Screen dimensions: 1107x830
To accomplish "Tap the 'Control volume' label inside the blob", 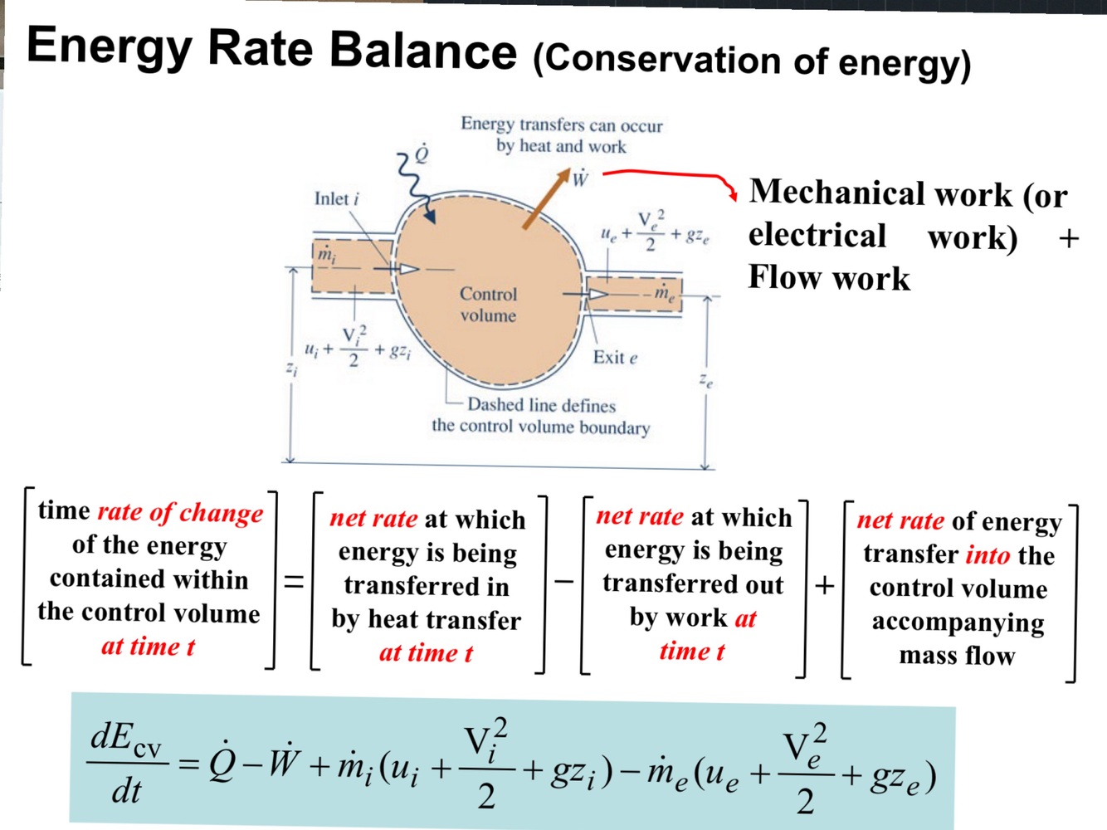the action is [488, 305].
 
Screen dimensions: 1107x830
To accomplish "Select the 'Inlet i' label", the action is [336, 199].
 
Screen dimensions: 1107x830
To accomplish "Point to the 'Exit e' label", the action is [615, 358].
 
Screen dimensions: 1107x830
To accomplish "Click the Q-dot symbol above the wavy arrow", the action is [422, 155].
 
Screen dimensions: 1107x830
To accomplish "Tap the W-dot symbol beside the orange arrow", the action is [580, 178].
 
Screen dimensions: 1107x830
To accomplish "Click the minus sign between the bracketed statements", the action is [564, 580].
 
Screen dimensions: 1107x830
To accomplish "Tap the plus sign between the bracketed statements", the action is [824, 585].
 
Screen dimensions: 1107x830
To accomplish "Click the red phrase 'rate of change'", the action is [180, 513].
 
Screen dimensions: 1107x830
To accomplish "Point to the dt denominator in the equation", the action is [126, 791].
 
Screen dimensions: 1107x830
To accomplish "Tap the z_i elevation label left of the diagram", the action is [291, 368].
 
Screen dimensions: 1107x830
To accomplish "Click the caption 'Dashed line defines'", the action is [541, 405].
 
